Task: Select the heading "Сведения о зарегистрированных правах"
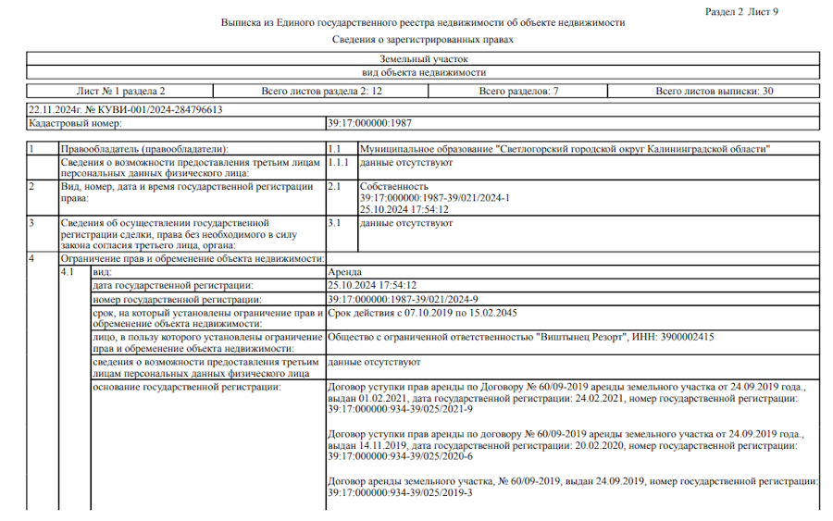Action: [423, 40]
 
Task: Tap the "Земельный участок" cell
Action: [423, 58]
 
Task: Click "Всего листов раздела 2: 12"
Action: [321, 91]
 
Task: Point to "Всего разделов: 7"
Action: [518, 91]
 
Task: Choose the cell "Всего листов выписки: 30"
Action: [715, 91]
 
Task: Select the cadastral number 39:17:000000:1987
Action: [369, 122]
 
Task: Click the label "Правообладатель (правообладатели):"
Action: [143, 149]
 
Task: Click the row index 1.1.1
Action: [340, 162]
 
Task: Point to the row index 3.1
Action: [335, 223]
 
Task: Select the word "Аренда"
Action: [346, 274]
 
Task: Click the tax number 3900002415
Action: [682, 337]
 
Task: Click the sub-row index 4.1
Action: [67, 274]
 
